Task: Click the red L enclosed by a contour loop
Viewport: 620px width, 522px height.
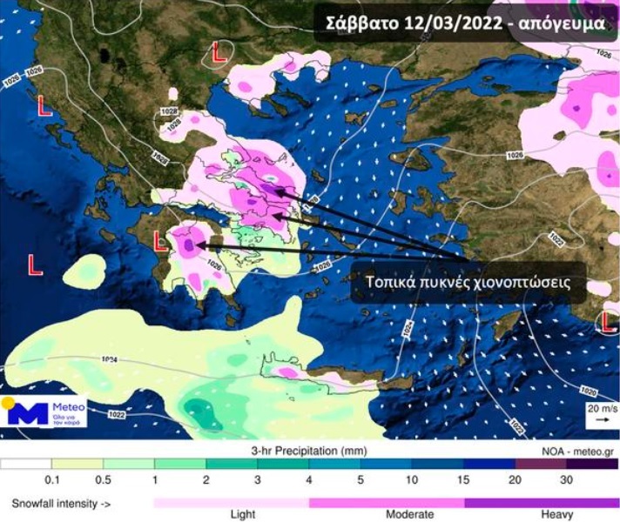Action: click(x=219, y=55)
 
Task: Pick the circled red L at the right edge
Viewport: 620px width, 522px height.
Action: click(x=610, y=323)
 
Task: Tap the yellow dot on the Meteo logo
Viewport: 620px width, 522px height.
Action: click(x=8, y=402)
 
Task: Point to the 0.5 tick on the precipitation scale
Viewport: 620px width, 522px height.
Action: click(x=102, y=478)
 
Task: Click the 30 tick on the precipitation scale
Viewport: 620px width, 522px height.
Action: click(x=566, y=478)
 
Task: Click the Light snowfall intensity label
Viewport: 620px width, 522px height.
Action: click(x=243, y=514)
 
